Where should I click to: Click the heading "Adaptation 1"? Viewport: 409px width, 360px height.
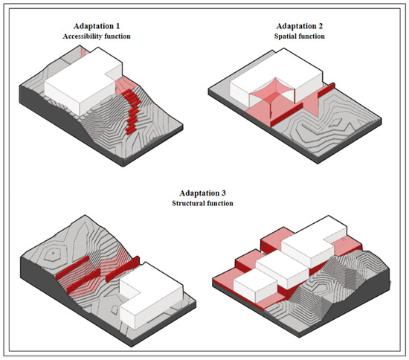(97, 26)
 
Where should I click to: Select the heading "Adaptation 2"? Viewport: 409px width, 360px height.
(299, 26)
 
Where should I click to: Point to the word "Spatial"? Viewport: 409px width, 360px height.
(285, 36)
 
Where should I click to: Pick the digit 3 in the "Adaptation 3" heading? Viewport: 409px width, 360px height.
(223, 193)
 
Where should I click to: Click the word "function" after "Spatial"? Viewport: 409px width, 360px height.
(312, 36)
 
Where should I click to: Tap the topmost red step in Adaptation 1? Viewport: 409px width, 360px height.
(126, 92)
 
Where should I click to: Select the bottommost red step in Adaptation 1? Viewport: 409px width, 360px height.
(130, 130)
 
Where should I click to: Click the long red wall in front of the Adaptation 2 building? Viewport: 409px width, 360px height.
(286, 115)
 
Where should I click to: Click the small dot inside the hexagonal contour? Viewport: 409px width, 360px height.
(53, 253)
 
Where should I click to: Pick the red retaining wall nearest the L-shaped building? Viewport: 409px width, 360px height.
(123, 269)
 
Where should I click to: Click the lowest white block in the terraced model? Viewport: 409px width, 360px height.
(255, 286)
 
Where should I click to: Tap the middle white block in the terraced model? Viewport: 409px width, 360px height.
(283, 269)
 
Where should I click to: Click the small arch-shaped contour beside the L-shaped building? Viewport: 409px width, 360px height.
(115, 309)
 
